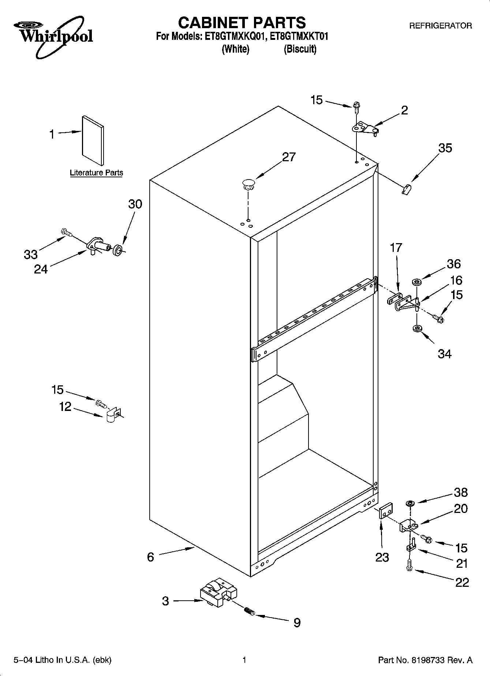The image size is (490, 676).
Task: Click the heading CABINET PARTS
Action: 242,23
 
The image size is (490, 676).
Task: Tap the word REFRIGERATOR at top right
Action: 440,26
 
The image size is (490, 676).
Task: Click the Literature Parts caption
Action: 96,173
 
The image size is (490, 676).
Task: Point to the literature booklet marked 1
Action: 93,141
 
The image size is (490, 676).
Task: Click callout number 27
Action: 289,157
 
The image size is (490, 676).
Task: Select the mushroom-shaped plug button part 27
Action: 248,184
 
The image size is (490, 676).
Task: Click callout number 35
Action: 445,148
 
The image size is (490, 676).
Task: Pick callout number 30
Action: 135,204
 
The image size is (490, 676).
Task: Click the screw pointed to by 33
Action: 66,231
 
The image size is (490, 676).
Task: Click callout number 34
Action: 445,354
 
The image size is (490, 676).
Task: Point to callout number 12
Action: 65,407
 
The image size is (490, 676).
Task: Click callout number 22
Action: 462,582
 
